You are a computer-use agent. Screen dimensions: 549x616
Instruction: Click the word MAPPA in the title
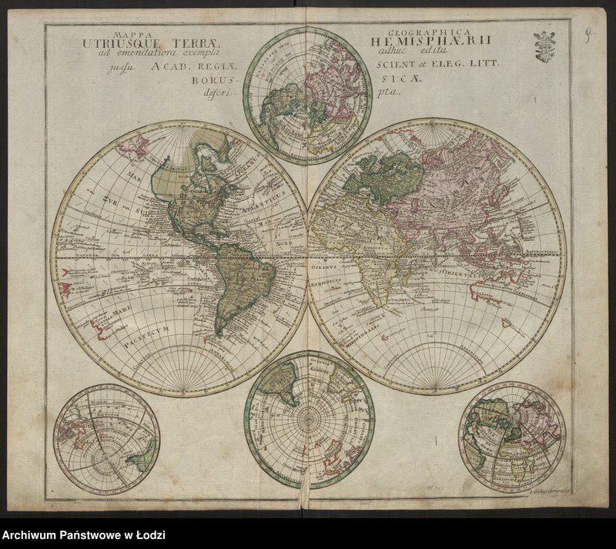127,35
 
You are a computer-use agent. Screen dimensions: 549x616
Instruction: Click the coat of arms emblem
544,45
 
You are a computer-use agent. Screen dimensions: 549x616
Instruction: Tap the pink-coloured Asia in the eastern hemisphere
462,192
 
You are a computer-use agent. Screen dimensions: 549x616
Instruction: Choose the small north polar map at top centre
308,95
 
